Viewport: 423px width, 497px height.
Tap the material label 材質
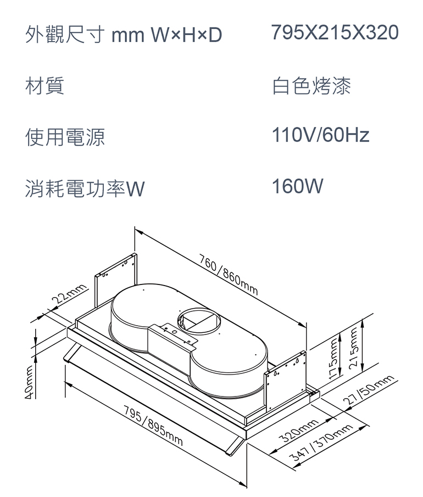[45, 86]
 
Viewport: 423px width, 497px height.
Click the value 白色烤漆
[311, 86]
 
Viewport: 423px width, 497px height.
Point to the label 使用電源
[65, 137]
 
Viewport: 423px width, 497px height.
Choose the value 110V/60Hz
[321, 135]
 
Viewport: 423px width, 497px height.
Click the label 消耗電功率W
[85, 189]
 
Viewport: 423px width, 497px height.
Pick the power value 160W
[298, 187]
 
